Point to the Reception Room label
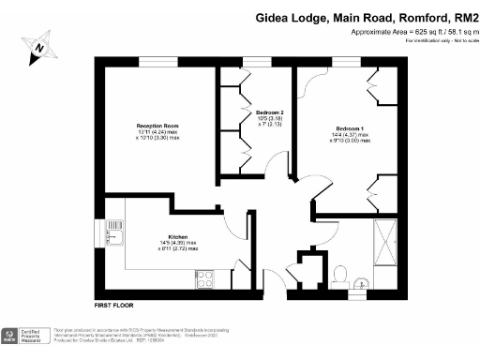click(x=157, y=126)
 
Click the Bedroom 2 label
click(x=269, y=112)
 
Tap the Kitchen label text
click(x=178, y=236)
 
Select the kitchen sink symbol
click(x=114, y=230)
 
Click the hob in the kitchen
click(x=206, y=277)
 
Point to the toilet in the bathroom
click(x=340, y=275)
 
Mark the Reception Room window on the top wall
click(x=151, y=63)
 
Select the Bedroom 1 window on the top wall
click(x=344, y=63)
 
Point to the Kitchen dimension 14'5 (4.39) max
click(x=178, y=243)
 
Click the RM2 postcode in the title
click(x=465, y=17)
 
